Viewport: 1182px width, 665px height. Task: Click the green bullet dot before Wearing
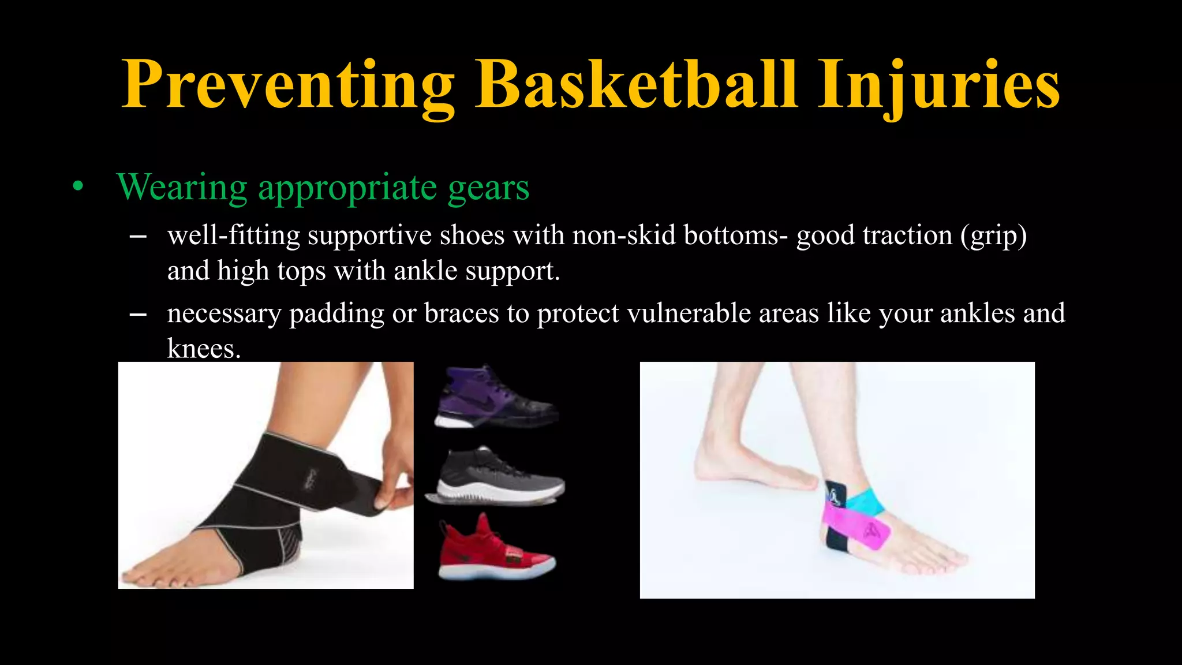point(78,188)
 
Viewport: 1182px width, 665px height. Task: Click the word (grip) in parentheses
point(993,236)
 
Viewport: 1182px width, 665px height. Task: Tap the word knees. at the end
point(203,348)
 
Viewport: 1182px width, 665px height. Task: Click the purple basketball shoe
point(494,398)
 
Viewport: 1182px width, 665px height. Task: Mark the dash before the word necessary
point(138,314)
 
